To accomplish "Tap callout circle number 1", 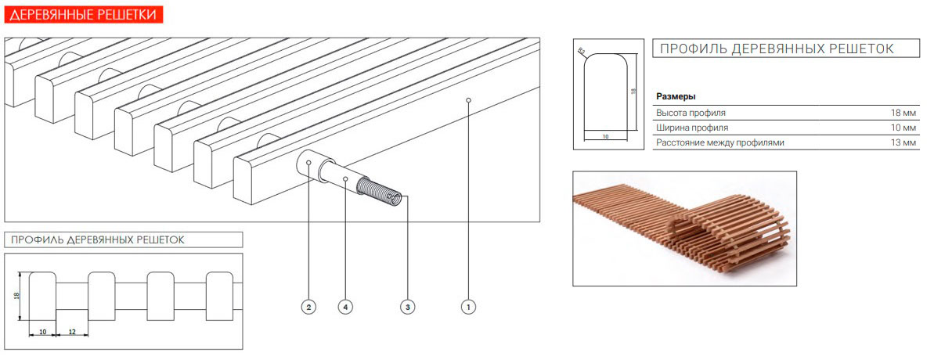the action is (x=468, y=307).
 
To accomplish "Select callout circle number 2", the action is (x=308, y=307).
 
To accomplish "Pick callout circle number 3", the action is (x=407, y=307).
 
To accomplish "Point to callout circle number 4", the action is (x=345, y=307).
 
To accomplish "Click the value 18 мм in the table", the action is (x=903, y=113).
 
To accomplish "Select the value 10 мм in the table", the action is (x=903, y=128).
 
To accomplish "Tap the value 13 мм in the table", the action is (x=903, y=142).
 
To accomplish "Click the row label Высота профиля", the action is (x=691, y=113).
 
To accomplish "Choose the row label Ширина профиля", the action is (x=691, y=128).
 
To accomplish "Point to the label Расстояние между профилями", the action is (x=719, y=142).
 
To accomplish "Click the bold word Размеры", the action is (x=676, y=96).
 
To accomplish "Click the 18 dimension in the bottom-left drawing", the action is (x=16, y=296).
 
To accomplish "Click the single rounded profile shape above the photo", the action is (x=606, y=92).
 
